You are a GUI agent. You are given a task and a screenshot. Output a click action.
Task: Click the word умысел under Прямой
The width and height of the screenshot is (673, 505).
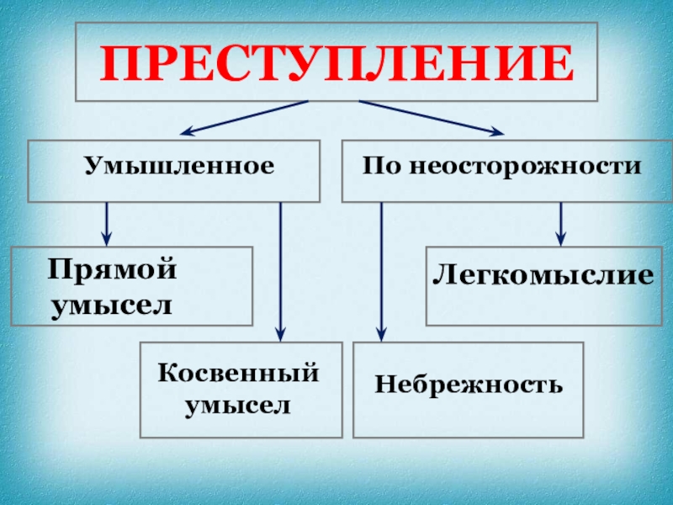point(112,303)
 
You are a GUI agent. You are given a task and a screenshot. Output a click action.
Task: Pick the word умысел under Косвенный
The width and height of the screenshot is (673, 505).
point(240,406)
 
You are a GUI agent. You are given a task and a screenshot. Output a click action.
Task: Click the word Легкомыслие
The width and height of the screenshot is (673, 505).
point(543,274)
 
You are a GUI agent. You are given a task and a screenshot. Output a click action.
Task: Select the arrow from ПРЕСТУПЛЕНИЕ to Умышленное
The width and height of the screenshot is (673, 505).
point(244,118)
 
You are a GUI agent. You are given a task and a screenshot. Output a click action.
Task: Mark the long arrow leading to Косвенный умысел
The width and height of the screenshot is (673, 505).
point(280,269)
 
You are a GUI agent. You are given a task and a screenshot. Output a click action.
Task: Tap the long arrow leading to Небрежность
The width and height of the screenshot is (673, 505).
point(382,269)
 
